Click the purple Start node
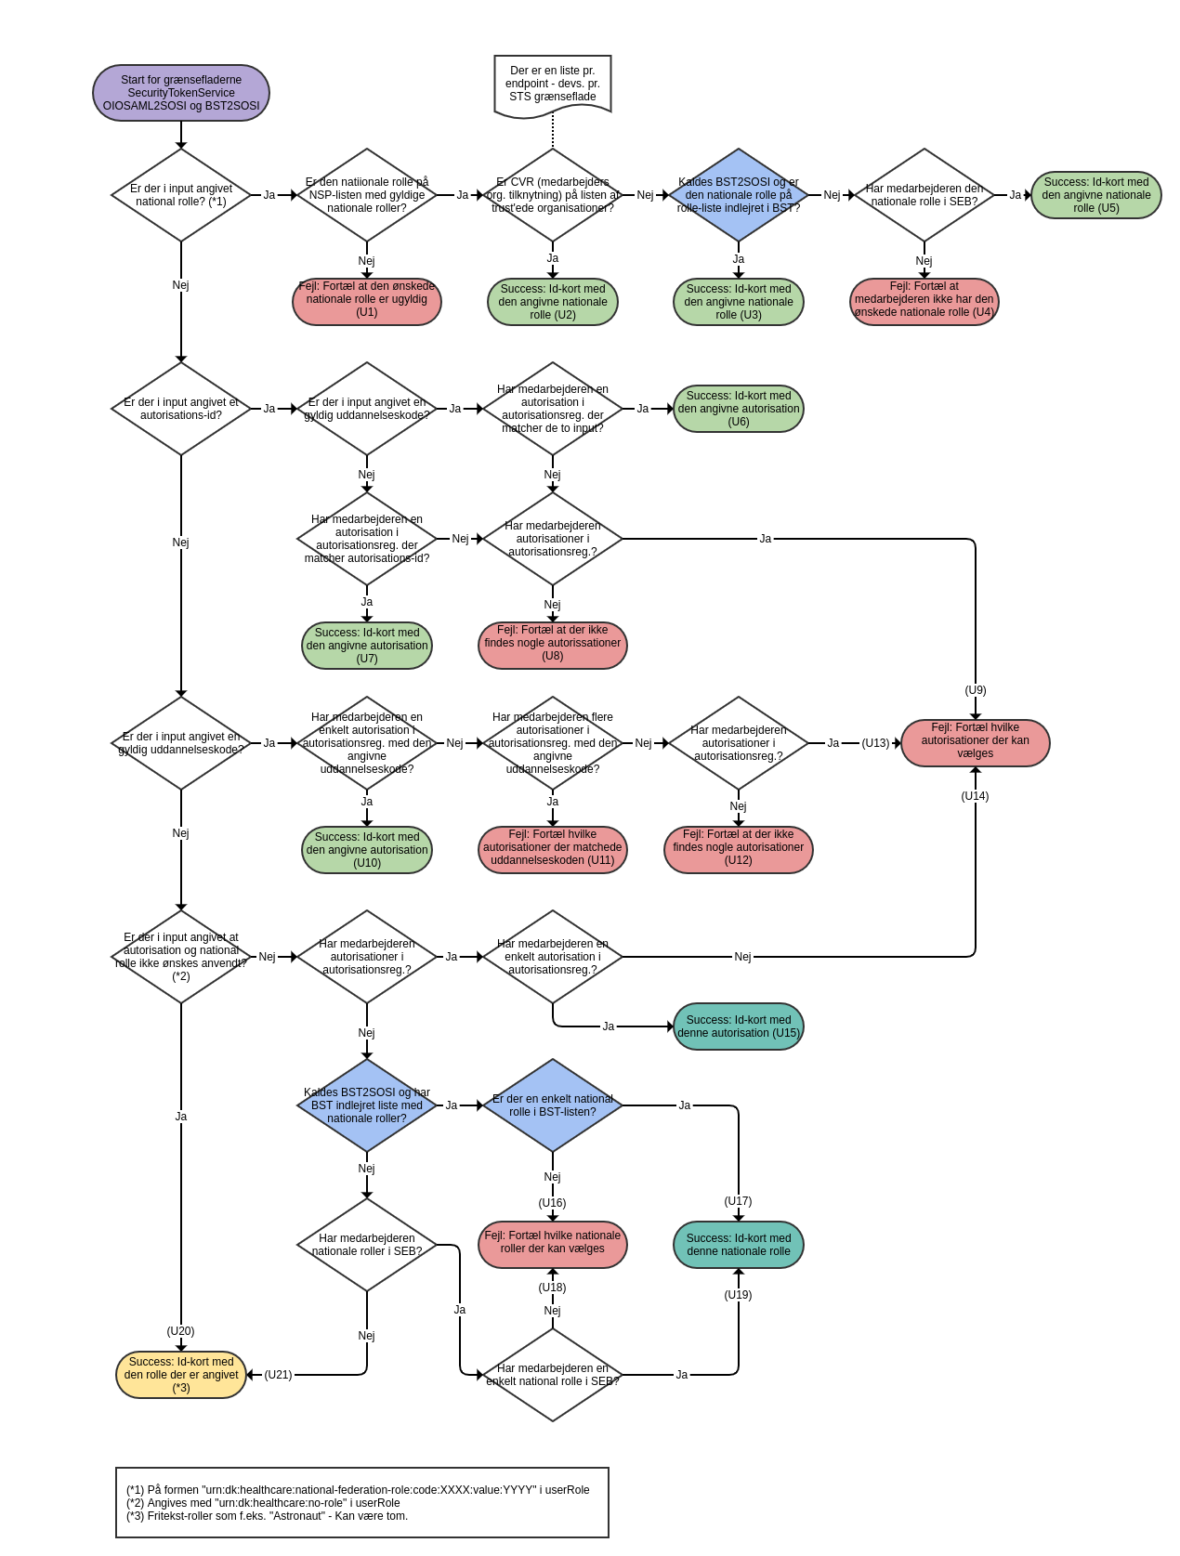click(181, 93)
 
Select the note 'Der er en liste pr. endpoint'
click(553, 85)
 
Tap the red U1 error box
click(367, 301)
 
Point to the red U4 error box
click(924, 301)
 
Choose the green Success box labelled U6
click(739, 409)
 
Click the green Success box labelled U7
click(367, 646)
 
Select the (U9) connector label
click(976, 690)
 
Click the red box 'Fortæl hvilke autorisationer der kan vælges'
click(976, 742)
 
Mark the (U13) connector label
click(875, 743)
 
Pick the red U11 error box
click(553, 849)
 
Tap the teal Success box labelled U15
click(739, 1026)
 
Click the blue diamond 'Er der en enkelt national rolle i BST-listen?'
click(553, 1105)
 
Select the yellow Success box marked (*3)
click(181, 1375)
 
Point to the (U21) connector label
click(278, 1375)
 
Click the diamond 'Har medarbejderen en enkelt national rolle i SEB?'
click(553, 1375)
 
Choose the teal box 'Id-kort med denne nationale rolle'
click(739, 1245)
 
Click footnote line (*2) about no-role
click(264, 1503)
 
